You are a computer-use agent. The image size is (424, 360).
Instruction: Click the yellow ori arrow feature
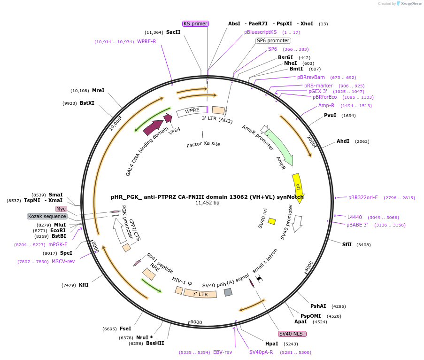[x=298, y=185]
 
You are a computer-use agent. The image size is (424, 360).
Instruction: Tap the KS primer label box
[x=195, y=23]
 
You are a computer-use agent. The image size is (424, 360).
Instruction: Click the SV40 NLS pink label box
[x=292, y=334]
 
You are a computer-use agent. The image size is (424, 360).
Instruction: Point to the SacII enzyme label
[x=173, y=32]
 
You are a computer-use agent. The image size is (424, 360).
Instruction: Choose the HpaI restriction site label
[x=271, y=344]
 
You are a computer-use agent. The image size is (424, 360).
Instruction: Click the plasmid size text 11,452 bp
[x=207, y=203]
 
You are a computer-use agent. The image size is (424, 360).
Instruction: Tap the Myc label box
[x=61, y=209]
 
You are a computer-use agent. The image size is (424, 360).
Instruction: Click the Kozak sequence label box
[x=47, y=216]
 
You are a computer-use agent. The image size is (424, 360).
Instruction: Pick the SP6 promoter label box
[x=273, y=40]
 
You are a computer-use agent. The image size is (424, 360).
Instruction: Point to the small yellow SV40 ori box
[x=272, y=221]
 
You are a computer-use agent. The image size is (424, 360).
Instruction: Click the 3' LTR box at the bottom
[x=200, y=294]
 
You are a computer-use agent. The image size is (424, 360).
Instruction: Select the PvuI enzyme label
[x=330, y=115]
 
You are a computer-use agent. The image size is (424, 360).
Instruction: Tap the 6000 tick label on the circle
[x=196, y=322]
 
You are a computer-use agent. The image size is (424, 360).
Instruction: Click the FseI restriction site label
[x=125, y=329]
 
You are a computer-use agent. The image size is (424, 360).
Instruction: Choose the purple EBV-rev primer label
[x=223, y=352]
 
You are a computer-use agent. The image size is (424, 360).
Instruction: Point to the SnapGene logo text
[x=411, y=4]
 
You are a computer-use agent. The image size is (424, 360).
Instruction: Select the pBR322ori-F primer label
[x=363, y=197]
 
